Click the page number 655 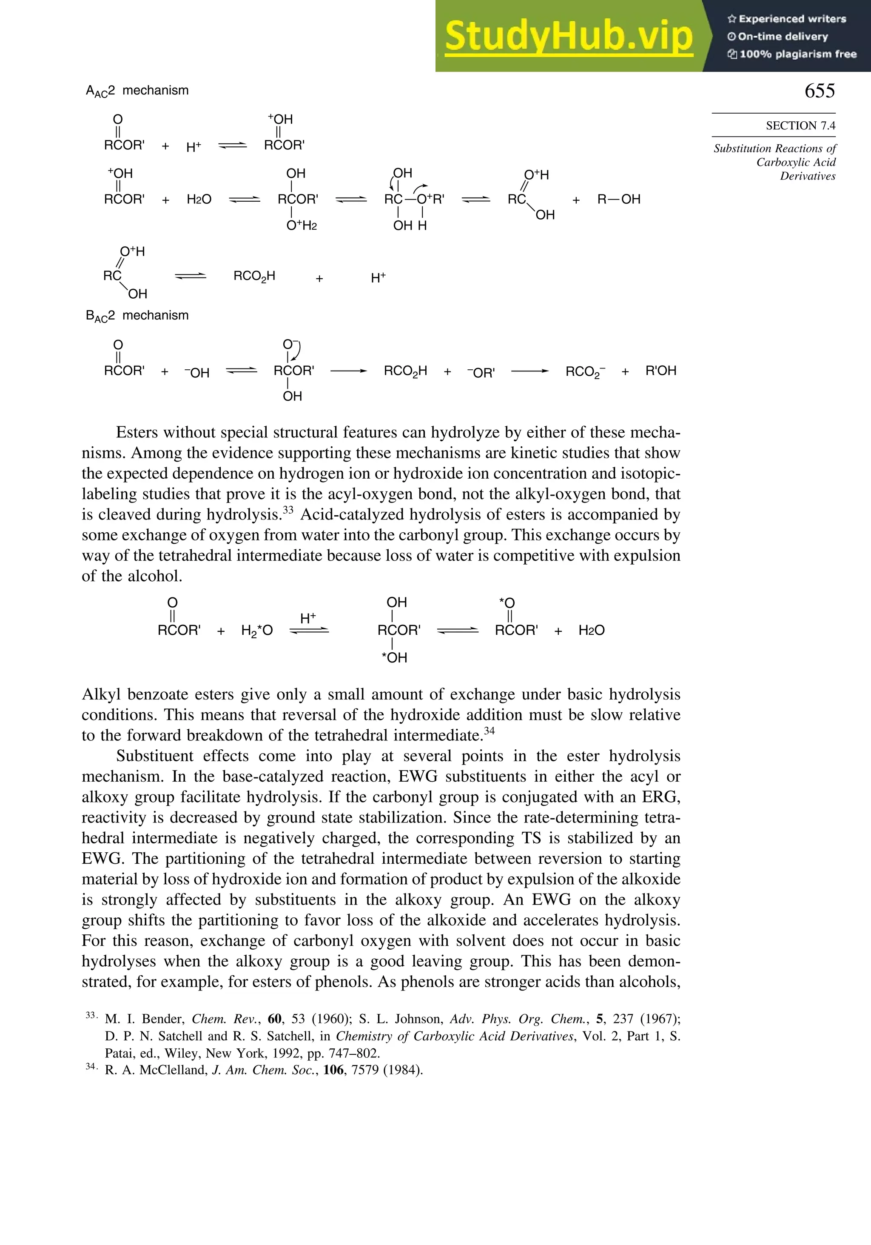(x=819, y=91)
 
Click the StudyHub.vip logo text (x=569, y=36)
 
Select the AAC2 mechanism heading (x=137, y=91)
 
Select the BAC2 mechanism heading (x=137, y=316)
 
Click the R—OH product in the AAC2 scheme (x=618, y=199)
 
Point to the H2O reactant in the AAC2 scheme (x=199, y=200)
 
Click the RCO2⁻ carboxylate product (x=585, y=371)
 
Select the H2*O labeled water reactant (x=257, y=630)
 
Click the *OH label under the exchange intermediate (x=394, y=657)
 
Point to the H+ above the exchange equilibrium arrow (x=308, y=618)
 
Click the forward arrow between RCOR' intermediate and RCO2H (x=348, y=371)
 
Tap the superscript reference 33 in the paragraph (x=288, y=510)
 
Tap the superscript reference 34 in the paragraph (x=489, y=731)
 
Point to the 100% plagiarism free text (x=797, y=54)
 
